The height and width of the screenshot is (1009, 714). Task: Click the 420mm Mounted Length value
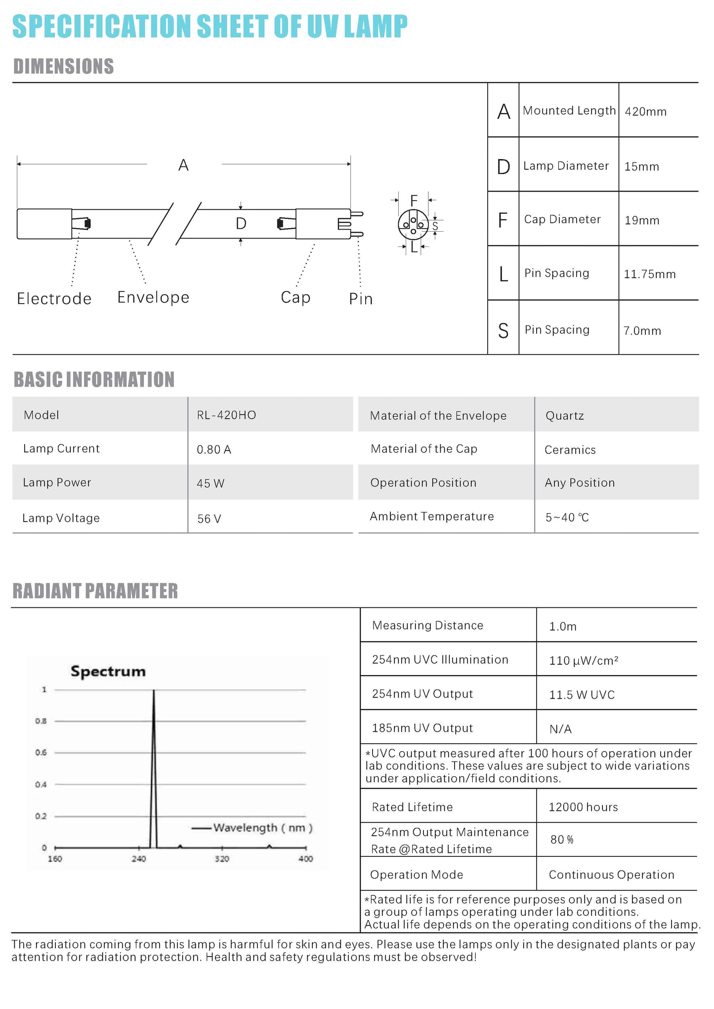[645, 112]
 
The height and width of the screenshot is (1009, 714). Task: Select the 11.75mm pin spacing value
[649, 274]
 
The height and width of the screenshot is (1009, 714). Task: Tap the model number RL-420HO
[226, 415]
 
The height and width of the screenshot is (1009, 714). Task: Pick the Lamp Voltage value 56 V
[209, 519]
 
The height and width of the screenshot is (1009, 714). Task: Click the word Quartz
[564, 416]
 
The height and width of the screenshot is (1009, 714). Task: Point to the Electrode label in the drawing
[54, 299]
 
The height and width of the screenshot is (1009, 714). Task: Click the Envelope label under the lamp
[153, 297]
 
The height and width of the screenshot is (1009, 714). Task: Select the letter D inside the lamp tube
[241, 224]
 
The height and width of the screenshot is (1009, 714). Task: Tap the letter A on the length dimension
[183, 165]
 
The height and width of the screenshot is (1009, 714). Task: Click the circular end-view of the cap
[413, 225]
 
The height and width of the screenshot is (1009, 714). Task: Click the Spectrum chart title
[108, 671]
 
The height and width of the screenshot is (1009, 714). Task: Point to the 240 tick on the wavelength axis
[139, 859]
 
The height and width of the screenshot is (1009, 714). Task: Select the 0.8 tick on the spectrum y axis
[41, 721]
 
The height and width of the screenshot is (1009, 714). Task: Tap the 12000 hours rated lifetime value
[583, 807]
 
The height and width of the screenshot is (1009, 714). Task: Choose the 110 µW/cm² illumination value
[584, 661]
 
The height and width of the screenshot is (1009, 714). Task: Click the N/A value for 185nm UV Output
[560, 729]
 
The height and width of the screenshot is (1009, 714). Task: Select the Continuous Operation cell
[611, 875]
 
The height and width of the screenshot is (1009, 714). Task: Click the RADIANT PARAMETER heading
[95, 591]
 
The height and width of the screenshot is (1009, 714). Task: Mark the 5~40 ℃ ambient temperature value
[567, 518]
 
